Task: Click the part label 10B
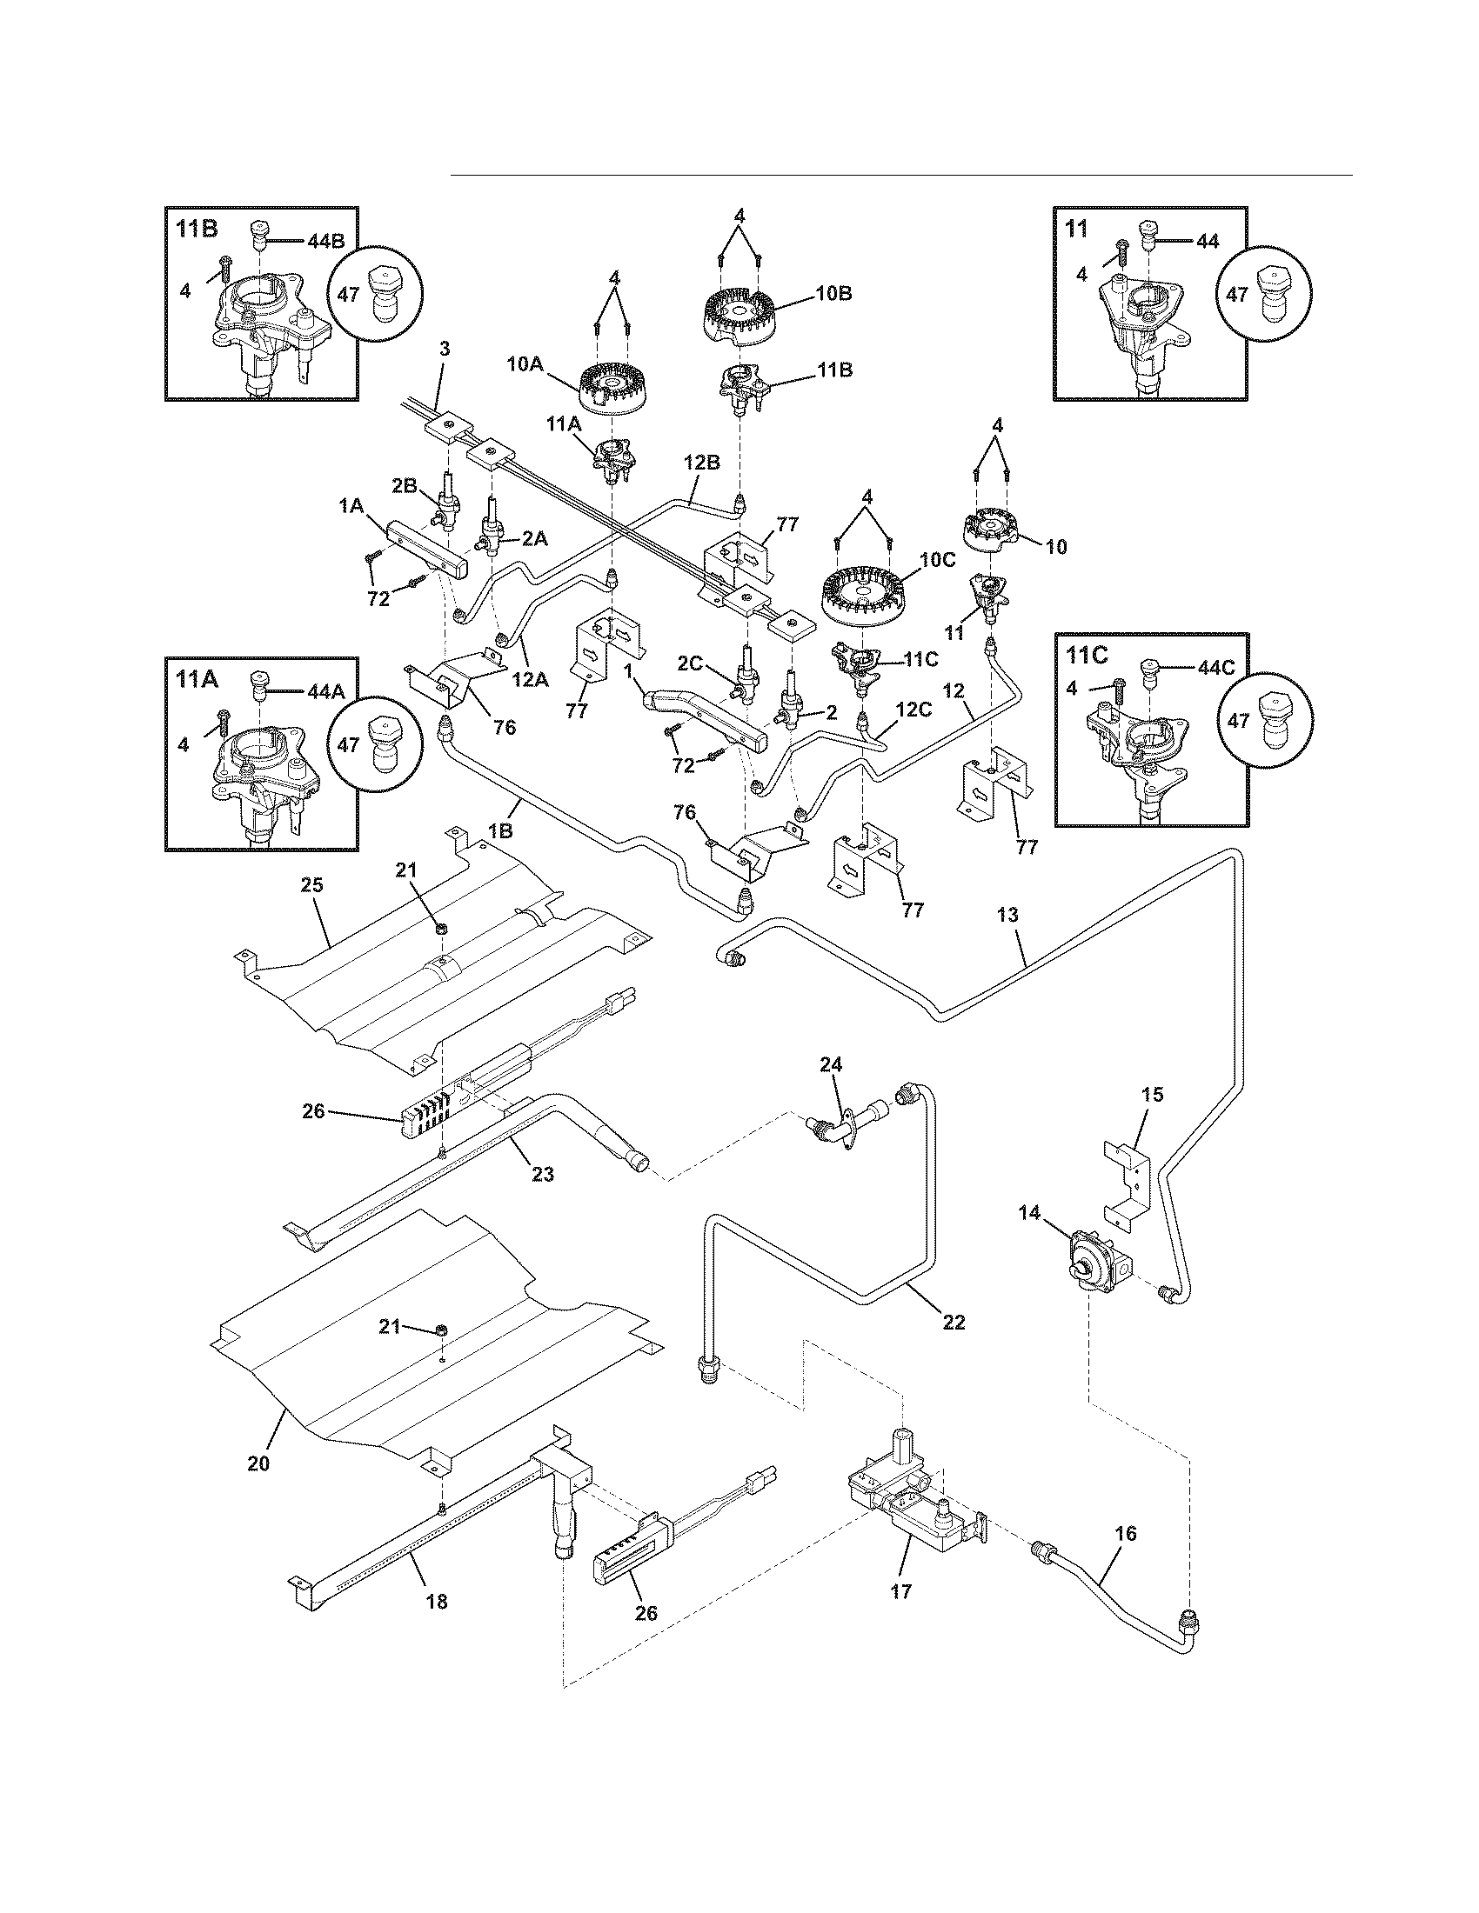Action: click(833, 293)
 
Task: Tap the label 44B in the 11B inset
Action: click(326, 242)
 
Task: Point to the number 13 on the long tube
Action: click(1007, 916)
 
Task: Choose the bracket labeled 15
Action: click(1137, 1174)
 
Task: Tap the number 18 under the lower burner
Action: click(437, 1602)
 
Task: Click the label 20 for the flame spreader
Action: click(258, 1463)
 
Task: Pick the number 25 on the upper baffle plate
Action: click(312, 884)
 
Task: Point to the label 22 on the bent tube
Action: click(954, 1322)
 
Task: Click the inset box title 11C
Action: click(1087, 655)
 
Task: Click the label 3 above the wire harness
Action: click(445, 349)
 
